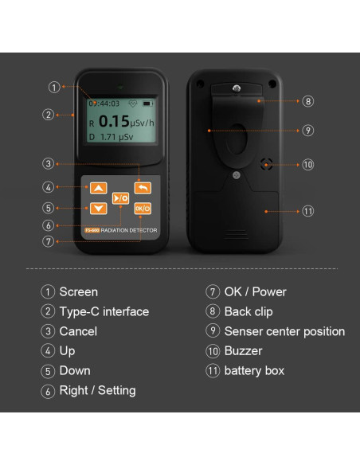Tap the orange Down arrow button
[99, 208]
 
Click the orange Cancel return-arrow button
[143, 188]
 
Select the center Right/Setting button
[120, 198]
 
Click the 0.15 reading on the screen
[114, 121]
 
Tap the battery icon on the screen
[147, 104]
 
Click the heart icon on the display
[132, 104]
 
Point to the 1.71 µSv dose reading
[116, 137]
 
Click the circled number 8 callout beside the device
[307, 101]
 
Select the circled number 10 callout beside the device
[307, 165]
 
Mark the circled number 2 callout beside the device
[48, 115]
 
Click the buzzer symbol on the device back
[266, 164]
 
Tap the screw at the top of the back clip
[237, 88]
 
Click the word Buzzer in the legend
[243, 351]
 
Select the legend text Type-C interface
[104, 312]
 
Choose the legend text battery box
[254, 371]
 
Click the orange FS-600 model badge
[92, 230]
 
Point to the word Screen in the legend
[78, 291]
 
